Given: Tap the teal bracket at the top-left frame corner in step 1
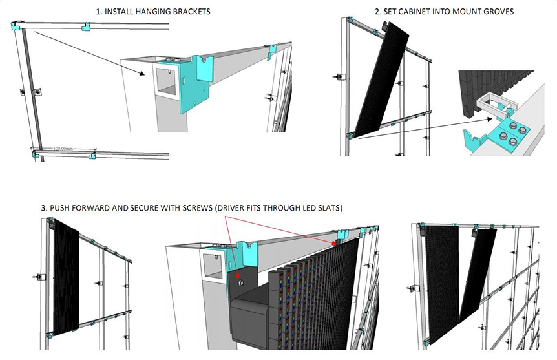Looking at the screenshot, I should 16,26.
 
